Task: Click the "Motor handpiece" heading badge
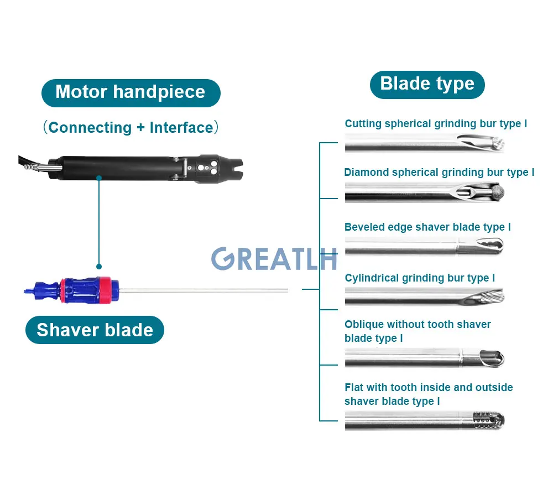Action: [131, 92]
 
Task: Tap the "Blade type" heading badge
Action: [427, 84]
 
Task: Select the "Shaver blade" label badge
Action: [95, 330]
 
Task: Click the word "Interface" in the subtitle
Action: [181, 128]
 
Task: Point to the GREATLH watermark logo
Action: [274, 258]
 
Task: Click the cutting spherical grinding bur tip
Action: [495, 144]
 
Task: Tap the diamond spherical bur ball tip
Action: [497, 192]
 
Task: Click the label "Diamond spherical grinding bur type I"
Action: [439, 173]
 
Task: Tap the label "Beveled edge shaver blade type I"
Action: [427, 227]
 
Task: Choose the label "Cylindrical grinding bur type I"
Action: [420, 278]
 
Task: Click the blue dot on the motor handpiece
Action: [99, 178]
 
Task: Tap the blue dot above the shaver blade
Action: [99, 267]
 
